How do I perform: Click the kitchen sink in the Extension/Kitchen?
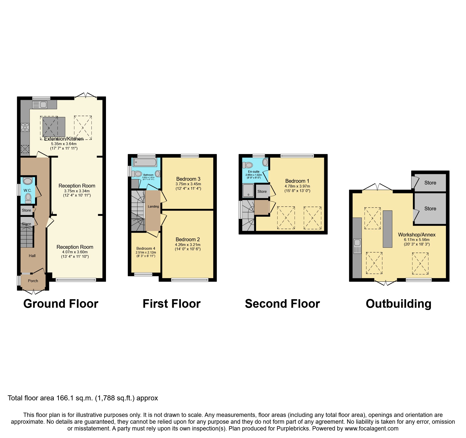pos(40,104)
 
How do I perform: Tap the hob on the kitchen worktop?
pos(25,127)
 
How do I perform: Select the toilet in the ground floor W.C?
pos(28,197)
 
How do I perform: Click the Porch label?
pos(33,281)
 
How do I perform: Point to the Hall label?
pos(32,256)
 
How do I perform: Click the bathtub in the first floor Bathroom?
pos(145,162)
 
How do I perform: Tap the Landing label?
pos(153,207)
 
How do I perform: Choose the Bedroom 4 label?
pos(146,248)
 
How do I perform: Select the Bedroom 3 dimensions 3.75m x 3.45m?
pos(188,184)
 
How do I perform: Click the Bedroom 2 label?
pos(188,239)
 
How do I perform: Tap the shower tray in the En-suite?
pos(248,191)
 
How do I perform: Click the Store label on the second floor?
pos(262,192)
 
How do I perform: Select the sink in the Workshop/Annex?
pos(357,246)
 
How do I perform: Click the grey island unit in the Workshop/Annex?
pos(387,229)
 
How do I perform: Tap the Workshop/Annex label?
pos(417,235)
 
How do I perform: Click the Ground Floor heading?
pos(61,304)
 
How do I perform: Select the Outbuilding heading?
pos(398,304)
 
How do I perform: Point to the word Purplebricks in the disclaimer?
pos(293,428)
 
